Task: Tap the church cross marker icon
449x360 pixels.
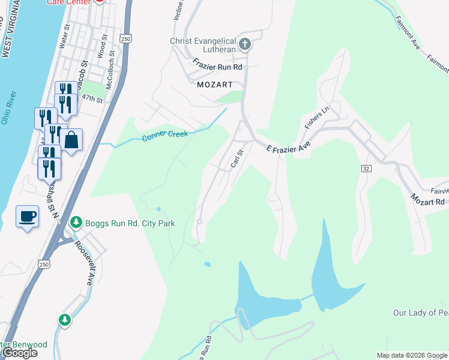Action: click(x=245, y=44)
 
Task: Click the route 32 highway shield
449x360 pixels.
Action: click(x=366, y=169)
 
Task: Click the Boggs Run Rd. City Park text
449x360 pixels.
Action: click(x=130, y=223)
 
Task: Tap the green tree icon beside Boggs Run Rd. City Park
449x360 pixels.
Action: click(x=76, y=223)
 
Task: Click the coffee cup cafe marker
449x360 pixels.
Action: click(x=27, y=216)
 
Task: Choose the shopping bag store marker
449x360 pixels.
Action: click(x=71, y=140)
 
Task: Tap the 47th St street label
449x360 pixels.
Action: click(x=92, y=97)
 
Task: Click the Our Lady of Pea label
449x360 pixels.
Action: click(x=420, y=313)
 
